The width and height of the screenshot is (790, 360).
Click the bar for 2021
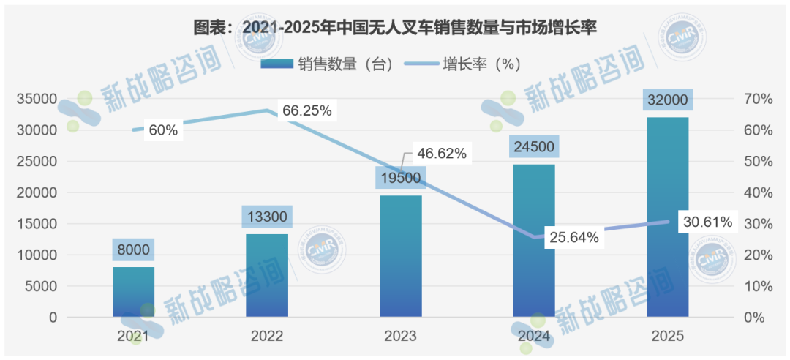pyautogui.click(x=133, y=292)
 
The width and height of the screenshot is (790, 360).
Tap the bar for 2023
pyautogui.click(x=400, y=256)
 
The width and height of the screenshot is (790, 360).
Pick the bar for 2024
pyautogui.click(x=534, y=241)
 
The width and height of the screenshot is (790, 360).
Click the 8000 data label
pyautogui.click(x=133, y=250)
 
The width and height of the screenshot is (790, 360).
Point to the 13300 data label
pyautogui.click(x=267, y=217)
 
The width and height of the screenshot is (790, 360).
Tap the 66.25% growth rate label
pyautogui.click(x=307, y=111)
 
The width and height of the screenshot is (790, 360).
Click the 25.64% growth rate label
pyautogui.click(x=574, y=237)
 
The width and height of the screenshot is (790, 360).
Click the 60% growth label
pyautogui.click(x=162, y=130)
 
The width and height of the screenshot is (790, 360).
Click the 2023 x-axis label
pyautogui.click(x=400, y=337)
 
